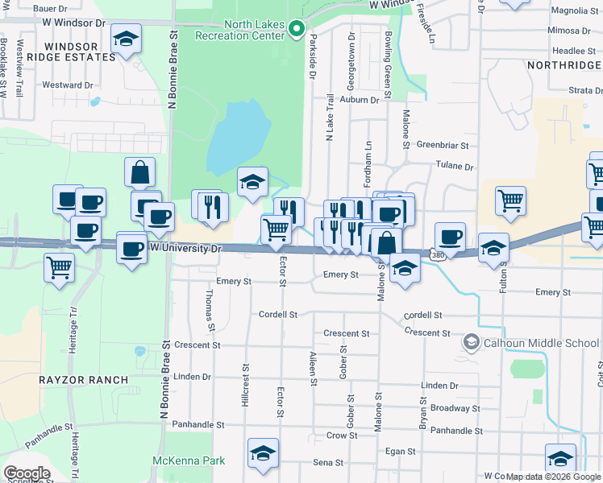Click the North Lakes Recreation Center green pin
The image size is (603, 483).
coord(296,31)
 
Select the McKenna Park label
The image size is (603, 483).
coord(189,460)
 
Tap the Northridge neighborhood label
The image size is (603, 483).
coord(563,64)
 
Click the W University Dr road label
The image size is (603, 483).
coord(185,249)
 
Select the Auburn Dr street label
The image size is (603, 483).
coord(359,100)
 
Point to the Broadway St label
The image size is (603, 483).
coord(455,408)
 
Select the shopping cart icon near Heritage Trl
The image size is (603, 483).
coord(59,266)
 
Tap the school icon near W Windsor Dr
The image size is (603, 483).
coord(127,39)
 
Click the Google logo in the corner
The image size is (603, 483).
coord(27,473)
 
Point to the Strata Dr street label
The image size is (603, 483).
coord(585,91)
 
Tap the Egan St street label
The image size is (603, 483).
coord(400,452)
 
